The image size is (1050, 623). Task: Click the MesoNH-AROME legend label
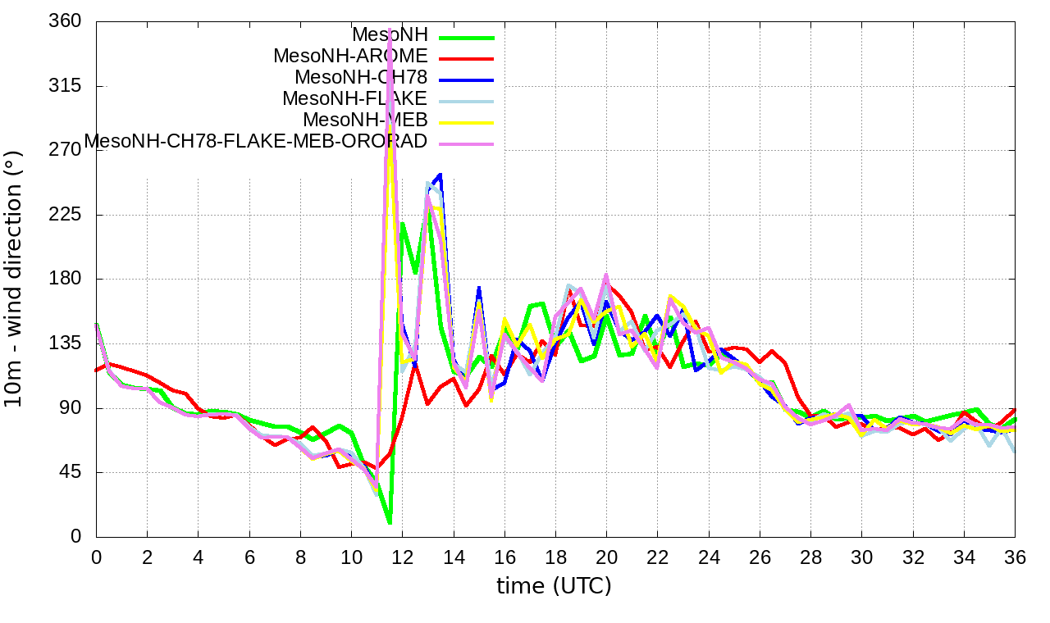(350, 57)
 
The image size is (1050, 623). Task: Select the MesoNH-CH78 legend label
(361, 78)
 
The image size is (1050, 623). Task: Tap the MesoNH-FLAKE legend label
(355, 99)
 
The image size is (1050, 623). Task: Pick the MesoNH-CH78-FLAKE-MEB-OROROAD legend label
(256, 141)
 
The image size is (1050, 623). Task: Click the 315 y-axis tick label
(66, 86)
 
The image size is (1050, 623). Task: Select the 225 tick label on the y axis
(66, 215)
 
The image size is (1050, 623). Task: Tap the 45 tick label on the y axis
(71, 472)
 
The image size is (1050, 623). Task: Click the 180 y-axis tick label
(66, 279)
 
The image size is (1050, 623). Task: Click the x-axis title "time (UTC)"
(554, 586)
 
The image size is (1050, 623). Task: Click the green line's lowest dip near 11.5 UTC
(390, 522)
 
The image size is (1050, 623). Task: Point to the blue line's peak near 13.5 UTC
(441, 175)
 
